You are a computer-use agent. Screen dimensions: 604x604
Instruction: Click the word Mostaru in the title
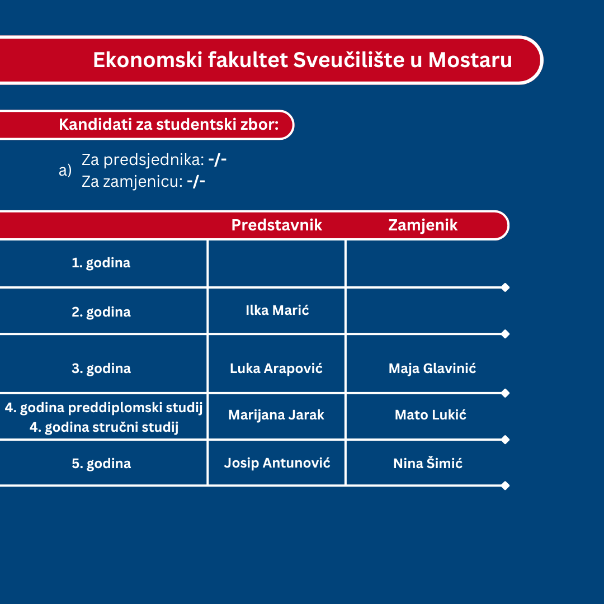(470, 60)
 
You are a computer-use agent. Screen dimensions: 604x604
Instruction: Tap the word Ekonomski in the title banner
(148, 60)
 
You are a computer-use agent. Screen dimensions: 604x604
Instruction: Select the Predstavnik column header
(277, 225)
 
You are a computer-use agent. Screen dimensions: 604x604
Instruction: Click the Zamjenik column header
(423, 225)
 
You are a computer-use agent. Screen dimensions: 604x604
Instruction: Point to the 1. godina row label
(101, 263)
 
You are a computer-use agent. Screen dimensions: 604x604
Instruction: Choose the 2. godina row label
(101, 312)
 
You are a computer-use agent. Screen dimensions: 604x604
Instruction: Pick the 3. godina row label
(101, 369)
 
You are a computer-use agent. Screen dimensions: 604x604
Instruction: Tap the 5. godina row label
(101, 464)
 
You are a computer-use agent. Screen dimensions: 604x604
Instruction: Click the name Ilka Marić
(277, 310)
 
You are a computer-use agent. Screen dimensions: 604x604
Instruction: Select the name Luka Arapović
(276, 368)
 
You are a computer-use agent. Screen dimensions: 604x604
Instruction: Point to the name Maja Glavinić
(432, 368)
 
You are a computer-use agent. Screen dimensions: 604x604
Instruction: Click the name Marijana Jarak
(276, 415)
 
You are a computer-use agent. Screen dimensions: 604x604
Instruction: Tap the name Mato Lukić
(431, 415)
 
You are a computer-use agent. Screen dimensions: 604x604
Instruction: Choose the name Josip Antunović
(277, 463)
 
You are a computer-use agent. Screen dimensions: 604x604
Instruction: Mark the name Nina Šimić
(428, 463)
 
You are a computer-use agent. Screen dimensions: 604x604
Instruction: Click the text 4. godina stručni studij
(104, 427)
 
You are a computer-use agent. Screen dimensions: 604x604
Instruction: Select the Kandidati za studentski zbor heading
(169, 124)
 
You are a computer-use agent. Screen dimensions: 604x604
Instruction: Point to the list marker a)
(65, 170)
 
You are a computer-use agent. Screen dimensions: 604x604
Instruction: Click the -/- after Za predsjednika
(217, 159)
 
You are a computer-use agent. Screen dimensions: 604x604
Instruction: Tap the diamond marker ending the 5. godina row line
(506, 486)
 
